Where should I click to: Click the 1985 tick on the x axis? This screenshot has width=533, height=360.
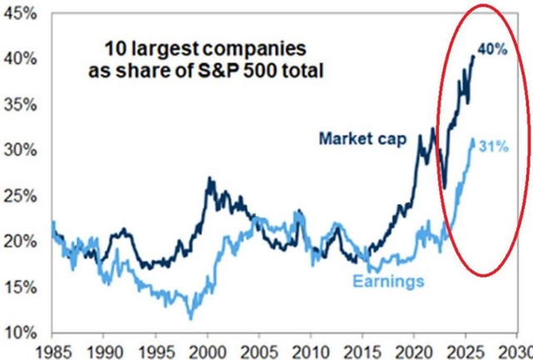click(55, 349)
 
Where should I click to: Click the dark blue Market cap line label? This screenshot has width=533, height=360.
click(361, 139)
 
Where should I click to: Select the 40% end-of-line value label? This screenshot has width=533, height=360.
click(492, 49)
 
